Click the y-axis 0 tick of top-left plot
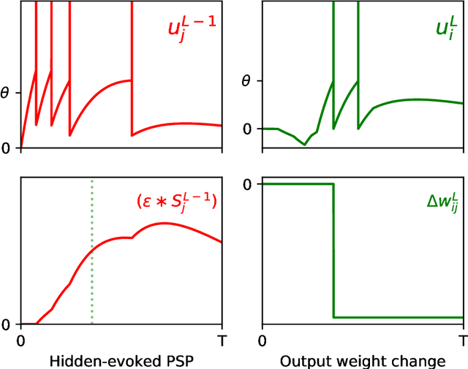tap(7, 148)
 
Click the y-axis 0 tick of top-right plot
tap(246, 129)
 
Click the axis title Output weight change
tap(363, 360)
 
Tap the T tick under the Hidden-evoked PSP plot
tap(222, 341)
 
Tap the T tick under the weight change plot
tap(463, 341)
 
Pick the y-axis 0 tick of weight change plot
tap(246, 183)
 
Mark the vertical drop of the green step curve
tap(333, 248)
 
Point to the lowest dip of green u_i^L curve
tap(305, 145)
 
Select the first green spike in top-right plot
tap(333, 44)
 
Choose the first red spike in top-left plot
tap(35, 44)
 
